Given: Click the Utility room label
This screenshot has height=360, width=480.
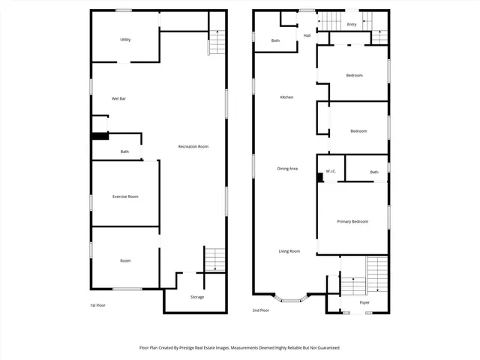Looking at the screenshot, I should pyautogui.click(x=125, y=40).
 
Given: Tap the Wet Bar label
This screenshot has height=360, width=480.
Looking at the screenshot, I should pyautogui.click(x=118, y=98).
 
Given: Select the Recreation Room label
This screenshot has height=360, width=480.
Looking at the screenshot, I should pyautogui.click(x=193, y=146).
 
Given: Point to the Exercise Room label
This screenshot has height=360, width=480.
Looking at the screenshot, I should pyautogui.click(x=125, y=196).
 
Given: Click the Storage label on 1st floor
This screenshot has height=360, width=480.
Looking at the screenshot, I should pyautogui.click(x=196, y=297).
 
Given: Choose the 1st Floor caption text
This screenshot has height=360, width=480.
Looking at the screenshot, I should pyautogui.click(x=97, y=305).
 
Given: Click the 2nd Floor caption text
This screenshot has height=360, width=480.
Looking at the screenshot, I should pyautogui.click(x=261, y=310).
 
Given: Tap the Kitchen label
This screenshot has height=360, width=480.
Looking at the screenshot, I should pyautogui.click(x=286, y=97).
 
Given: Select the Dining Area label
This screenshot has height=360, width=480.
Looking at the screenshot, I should pyautogui.click(x=287, y=169).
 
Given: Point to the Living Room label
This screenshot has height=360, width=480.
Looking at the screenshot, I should pyautogui.click(x=289, y=251).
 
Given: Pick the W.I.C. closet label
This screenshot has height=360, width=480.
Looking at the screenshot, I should pyautogui.click(x=331, y=172).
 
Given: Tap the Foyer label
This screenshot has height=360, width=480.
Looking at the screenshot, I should pyautogui.click(x=364, y=302).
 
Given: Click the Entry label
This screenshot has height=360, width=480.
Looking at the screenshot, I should pyautogui.click(x=352, y=24).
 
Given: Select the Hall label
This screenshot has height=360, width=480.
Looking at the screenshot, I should pyautogui.click(x=307, y=35).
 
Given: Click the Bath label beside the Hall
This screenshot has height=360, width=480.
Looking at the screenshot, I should pyautogui.click(x=275, y=40).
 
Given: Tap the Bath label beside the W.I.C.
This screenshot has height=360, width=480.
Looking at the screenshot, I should pyautogui.click(x=374, y=172).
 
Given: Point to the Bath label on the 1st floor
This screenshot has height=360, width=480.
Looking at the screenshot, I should pyautogui.click(x=124, y=152).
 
